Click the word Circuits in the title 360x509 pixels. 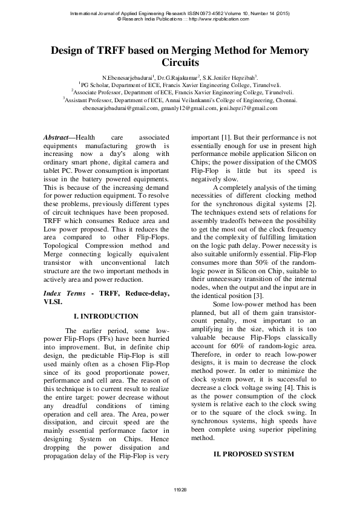click(x=180, y=62)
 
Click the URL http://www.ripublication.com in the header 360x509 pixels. click(x=217, y=19)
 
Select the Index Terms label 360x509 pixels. click(x=64, y=293)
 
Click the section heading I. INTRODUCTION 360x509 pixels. click(x=106, y=316)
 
